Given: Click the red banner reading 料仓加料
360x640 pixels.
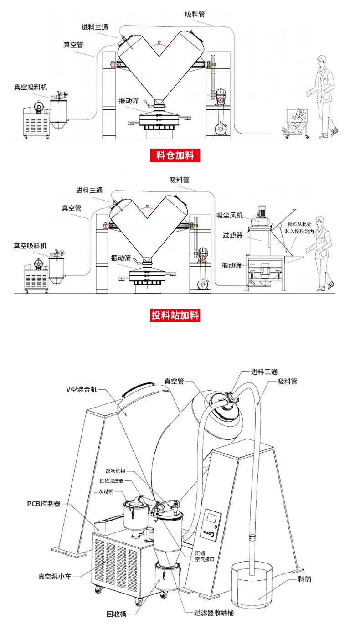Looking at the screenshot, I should click(175, 155).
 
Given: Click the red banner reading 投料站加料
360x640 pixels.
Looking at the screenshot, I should click(175, 315).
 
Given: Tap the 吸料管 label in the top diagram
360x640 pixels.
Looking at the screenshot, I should click(195, 14).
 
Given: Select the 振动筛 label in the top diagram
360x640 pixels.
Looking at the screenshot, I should click(129, 101).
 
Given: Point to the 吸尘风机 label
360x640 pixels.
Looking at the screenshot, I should click(230, 215).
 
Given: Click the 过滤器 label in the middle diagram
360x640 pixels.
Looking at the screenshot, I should click(232, 236).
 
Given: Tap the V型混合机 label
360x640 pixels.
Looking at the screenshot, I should click(82, 389).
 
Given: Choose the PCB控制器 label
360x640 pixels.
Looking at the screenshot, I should click(44, 504).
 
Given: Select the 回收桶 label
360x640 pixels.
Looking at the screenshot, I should click(116, 614).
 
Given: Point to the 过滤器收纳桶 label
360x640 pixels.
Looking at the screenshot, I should click(214, 613).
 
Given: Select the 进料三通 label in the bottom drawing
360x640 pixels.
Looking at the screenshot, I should click(264, 372).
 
